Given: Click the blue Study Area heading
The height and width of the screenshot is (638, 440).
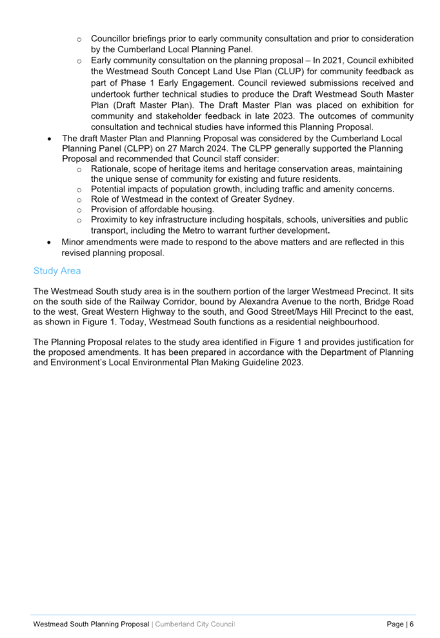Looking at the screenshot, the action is point(57,271).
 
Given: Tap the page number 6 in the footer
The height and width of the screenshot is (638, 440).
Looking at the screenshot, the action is point(412,624).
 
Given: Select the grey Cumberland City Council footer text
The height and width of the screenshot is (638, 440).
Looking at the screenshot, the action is point(195,624).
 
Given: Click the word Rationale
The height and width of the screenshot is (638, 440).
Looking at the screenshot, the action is point(110,169).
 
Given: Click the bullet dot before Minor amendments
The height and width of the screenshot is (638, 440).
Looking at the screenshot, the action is point(49,243).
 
